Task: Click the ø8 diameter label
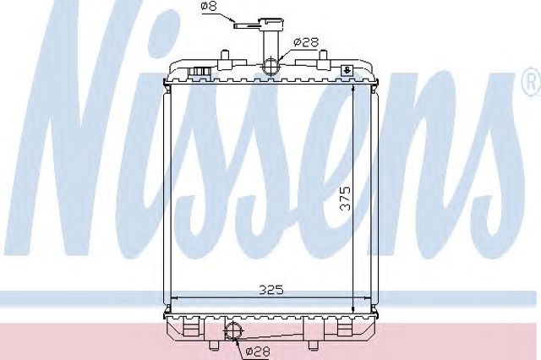click(x=210, y=6)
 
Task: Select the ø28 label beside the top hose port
click(x=306, y=42)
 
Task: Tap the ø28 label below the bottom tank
click(x=258, y=352)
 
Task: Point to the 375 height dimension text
click(x=345, y=199)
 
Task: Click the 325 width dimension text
click(x=271, y=290)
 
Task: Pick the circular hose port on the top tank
click(x=270, y=65)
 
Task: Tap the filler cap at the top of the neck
click(x=270, y=24)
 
